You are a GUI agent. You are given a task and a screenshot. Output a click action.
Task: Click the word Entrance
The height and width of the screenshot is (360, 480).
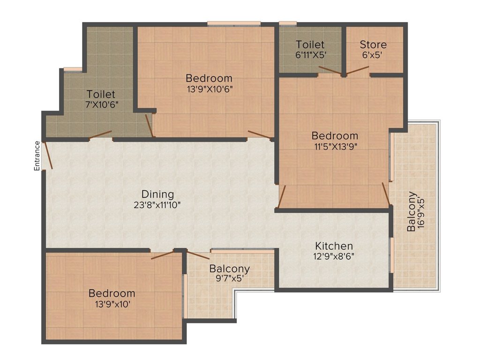[x=37, y=155]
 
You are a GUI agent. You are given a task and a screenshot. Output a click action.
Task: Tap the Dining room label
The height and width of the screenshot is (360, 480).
[x=157, y=194]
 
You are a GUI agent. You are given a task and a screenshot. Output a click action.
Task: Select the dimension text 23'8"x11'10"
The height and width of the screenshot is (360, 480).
[x=157, y=205]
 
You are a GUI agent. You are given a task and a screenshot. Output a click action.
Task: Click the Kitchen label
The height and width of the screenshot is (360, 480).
[x=334, y=246]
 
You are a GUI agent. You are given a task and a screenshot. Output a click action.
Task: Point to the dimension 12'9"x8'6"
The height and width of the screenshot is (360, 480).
[x=334, y=256]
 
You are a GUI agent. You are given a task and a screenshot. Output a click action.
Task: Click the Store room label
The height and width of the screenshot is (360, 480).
[x=373, y=45]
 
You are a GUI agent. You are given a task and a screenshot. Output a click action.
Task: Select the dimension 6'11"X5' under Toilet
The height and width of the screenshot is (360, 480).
[x=310, y=54]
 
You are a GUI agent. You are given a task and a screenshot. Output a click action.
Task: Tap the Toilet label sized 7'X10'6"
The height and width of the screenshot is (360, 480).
[x=101, y=94]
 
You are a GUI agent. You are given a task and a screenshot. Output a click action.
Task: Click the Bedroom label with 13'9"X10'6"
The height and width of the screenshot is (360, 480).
[x=209, y=78]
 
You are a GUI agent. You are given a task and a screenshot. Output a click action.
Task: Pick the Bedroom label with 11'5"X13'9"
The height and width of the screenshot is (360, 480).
[x=335, y=135]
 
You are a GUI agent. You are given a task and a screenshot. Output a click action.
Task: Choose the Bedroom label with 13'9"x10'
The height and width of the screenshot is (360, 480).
[x=112, y=293]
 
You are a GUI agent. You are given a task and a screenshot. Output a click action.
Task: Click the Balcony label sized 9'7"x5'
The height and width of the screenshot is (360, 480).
[x=229, y=269]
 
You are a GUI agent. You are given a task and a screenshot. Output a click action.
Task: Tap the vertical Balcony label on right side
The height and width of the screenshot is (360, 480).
[x=411, y=211]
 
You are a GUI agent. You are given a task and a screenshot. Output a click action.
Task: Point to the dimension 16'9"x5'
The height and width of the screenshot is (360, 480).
[x=421, y=211]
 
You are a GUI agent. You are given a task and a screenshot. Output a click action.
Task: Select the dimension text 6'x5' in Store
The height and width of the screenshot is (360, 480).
[x=373, y=54]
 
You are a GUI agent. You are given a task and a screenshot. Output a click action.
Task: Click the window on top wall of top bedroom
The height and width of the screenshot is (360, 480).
[x=234, y=23]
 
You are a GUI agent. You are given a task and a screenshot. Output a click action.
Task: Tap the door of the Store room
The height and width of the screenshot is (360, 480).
[x=358, y=71]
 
